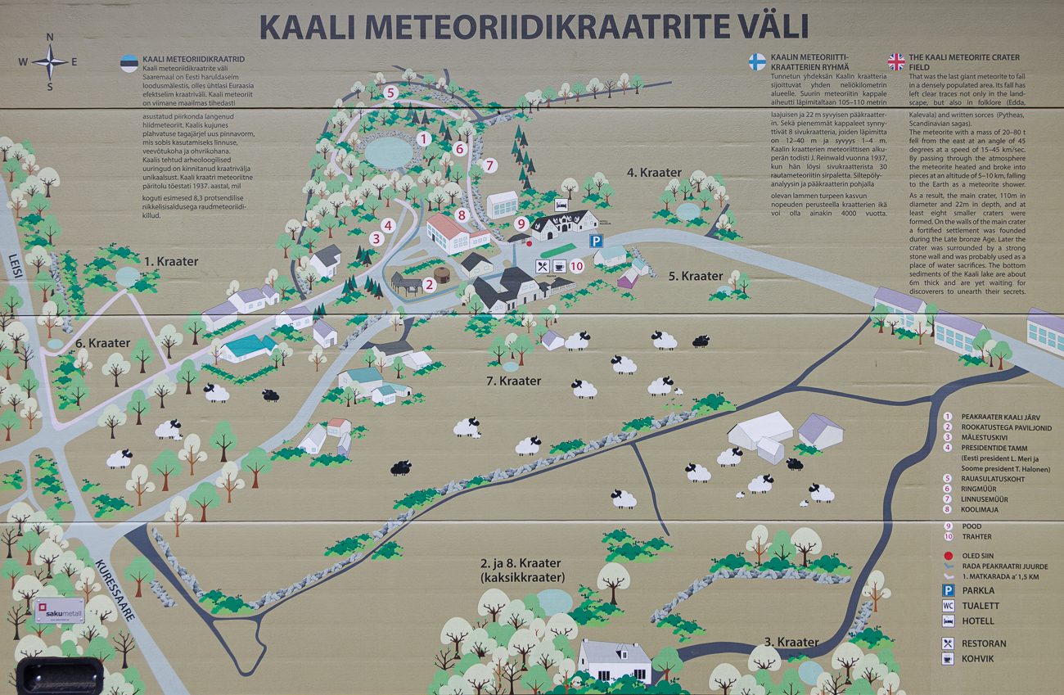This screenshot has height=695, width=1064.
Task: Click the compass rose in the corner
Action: (49, 61)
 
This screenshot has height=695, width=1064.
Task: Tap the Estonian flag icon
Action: (129, 64)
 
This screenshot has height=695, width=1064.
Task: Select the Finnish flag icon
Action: (757, 62)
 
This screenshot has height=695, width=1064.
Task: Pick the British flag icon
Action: (896, 62)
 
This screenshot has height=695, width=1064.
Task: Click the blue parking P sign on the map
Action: (597, 241)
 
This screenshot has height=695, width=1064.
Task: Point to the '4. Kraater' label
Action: (654, 173)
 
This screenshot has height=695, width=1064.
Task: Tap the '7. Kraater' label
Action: (513, 381)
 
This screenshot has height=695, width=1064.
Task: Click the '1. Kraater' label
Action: (171, 262)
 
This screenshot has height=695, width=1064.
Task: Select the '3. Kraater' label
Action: (791, 642)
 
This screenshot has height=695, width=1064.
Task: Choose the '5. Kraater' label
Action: (696, 276)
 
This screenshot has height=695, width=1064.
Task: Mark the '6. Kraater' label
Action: (103, 343)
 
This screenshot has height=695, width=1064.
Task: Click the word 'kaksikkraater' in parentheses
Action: (522, 578)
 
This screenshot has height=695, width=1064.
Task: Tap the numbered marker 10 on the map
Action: (576, 265)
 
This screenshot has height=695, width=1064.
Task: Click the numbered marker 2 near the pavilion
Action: (428, 285)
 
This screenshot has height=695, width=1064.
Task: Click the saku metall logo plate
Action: (60, 610)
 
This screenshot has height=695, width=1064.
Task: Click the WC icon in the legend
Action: (947, 606)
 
